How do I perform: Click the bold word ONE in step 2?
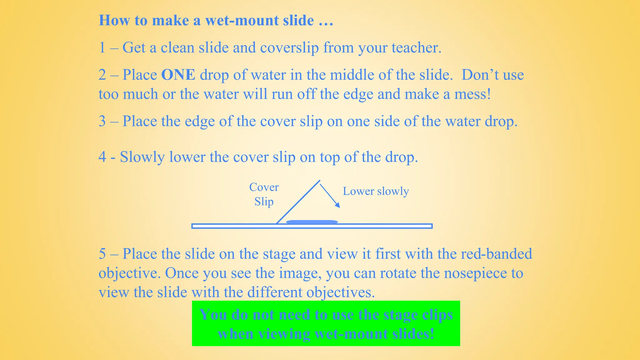pyautogui.click(x=178, y=75)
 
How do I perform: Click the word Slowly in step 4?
pyautogui.click(x=142, y=157)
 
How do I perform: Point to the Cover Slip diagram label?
pyautogui.click(x=264, y=194)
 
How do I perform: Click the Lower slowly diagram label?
pyautogui.click(x=376, y=191)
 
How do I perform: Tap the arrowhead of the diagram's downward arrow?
pyautogui.click(x=337, y=205)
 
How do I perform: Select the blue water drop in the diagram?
pyautogui.click(x=312, y=222)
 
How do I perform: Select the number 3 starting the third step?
pyautogui.click(x=102, y=121)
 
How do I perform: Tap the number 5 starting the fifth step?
pyautogui.click(x=102, y=254)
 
